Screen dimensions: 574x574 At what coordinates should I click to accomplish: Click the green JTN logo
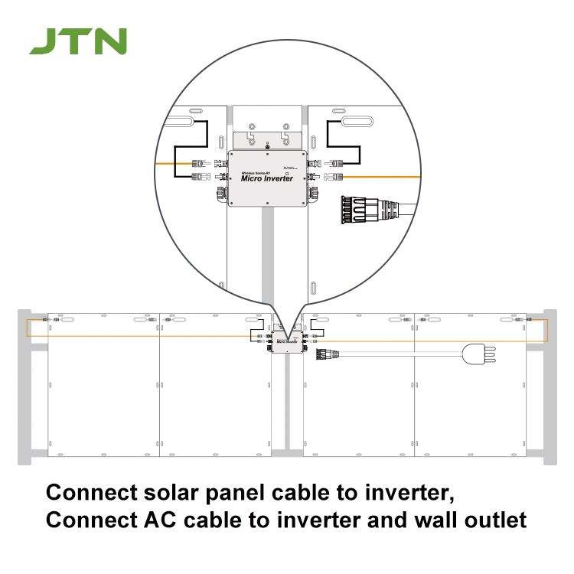point(78,42)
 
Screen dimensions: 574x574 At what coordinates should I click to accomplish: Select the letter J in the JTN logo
point(42,42)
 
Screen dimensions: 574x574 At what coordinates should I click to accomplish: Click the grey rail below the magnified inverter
point(268,253)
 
